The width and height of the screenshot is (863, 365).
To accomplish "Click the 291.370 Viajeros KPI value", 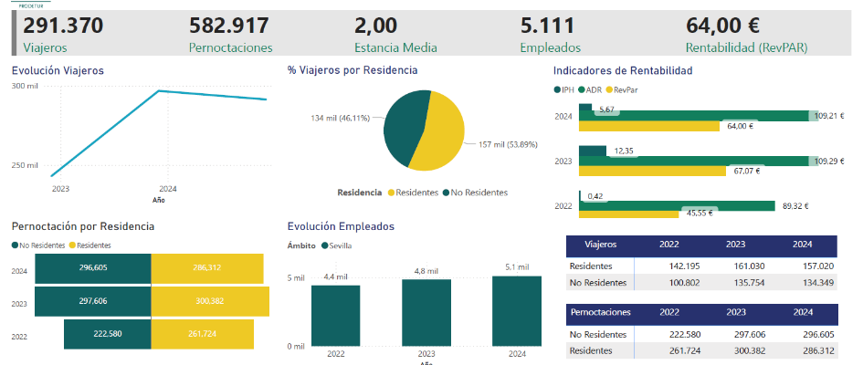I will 63,26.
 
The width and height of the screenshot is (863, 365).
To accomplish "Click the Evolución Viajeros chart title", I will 58,70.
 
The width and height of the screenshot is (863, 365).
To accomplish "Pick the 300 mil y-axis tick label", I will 25,86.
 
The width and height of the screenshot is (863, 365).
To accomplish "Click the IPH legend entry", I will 567,89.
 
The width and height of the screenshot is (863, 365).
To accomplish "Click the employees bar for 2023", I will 426,312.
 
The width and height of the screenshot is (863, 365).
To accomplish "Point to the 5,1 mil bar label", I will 517,266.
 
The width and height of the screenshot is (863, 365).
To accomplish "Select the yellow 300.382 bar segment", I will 210,302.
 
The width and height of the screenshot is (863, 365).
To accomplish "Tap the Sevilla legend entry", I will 339,245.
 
